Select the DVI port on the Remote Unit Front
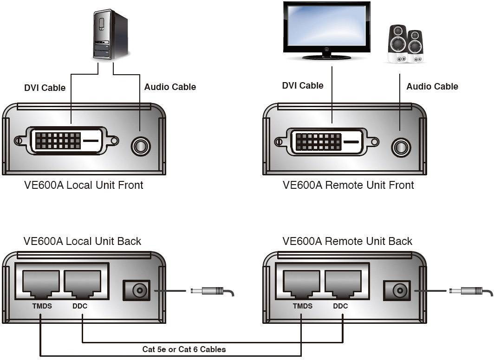tap(327, 141)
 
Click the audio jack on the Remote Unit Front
tap(401, 147)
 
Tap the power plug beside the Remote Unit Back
tap(467, 291)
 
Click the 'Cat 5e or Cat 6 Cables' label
tap(184, 349)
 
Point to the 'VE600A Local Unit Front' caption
tap(84, 185)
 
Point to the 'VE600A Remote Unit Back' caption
tap(347, 241)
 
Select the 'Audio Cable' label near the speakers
tap(432, 87)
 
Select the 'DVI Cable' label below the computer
tap(45, 88)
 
